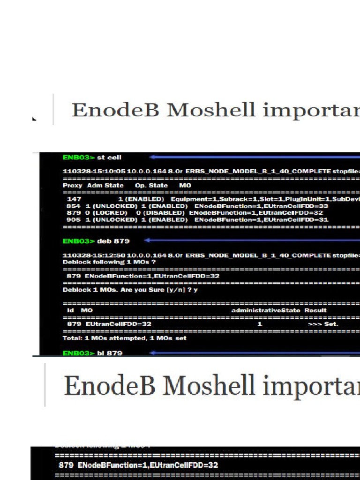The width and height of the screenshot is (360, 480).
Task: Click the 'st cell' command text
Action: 109,157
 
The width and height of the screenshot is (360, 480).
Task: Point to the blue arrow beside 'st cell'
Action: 253,157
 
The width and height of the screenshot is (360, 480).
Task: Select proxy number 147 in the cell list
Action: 74,199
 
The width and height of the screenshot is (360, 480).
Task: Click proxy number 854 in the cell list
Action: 73,206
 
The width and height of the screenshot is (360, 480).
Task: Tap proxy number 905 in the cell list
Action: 73,219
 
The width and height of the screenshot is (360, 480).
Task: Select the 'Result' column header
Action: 316,310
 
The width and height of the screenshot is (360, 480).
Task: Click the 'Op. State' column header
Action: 151,186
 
